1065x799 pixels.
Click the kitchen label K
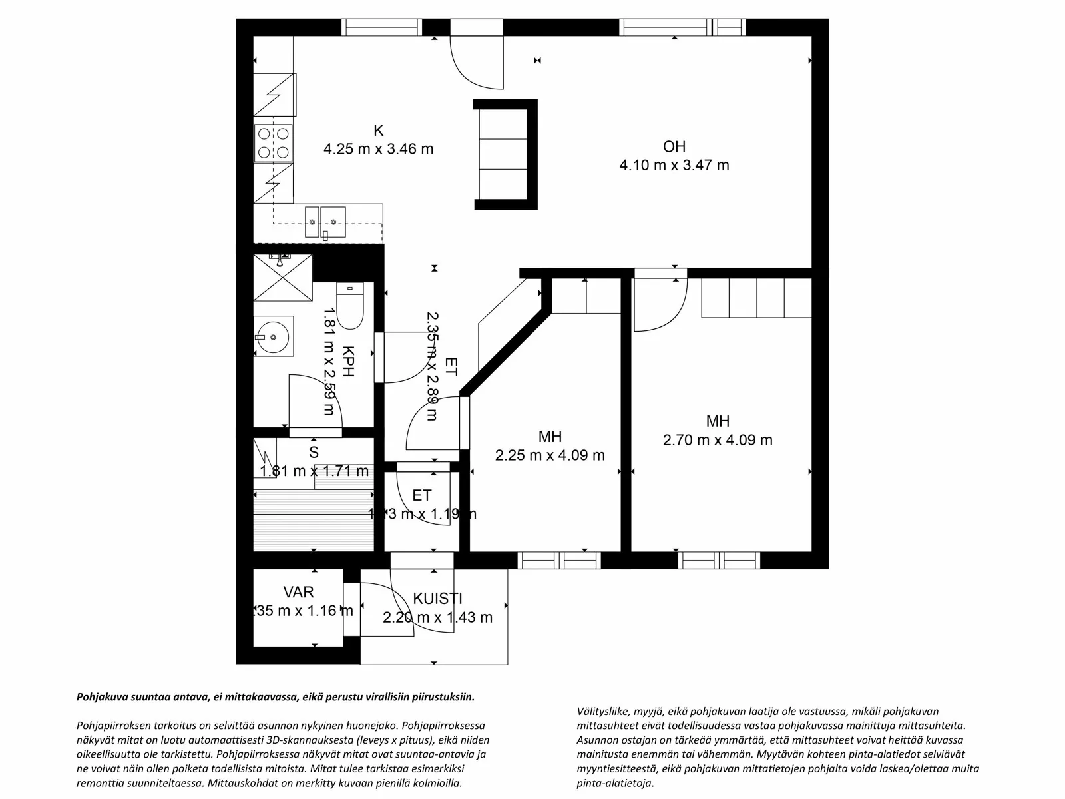coord(378,131)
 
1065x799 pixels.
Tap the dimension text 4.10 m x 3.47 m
coord(674,165)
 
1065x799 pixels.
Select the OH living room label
coord(674,146)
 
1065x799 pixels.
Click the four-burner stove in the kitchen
coord(274,143)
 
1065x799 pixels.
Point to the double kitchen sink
coord(325,221)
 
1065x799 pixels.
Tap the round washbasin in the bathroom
coord(273,336)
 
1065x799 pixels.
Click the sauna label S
coord(314,453)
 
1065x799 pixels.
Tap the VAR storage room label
coord(298,592)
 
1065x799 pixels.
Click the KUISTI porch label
coord(437,599)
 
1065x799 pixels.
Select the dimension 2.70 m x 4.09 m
coord(718,440)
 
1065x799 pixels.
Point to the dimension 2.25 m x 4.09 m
coord(550,455)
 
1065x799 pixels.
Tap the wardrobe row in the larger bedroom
coord(756,297)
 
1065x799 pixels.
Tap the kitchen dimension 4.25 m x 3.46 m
coord(378,149)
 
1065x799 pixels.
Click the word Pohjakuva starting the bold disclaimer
coord(101,697)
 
